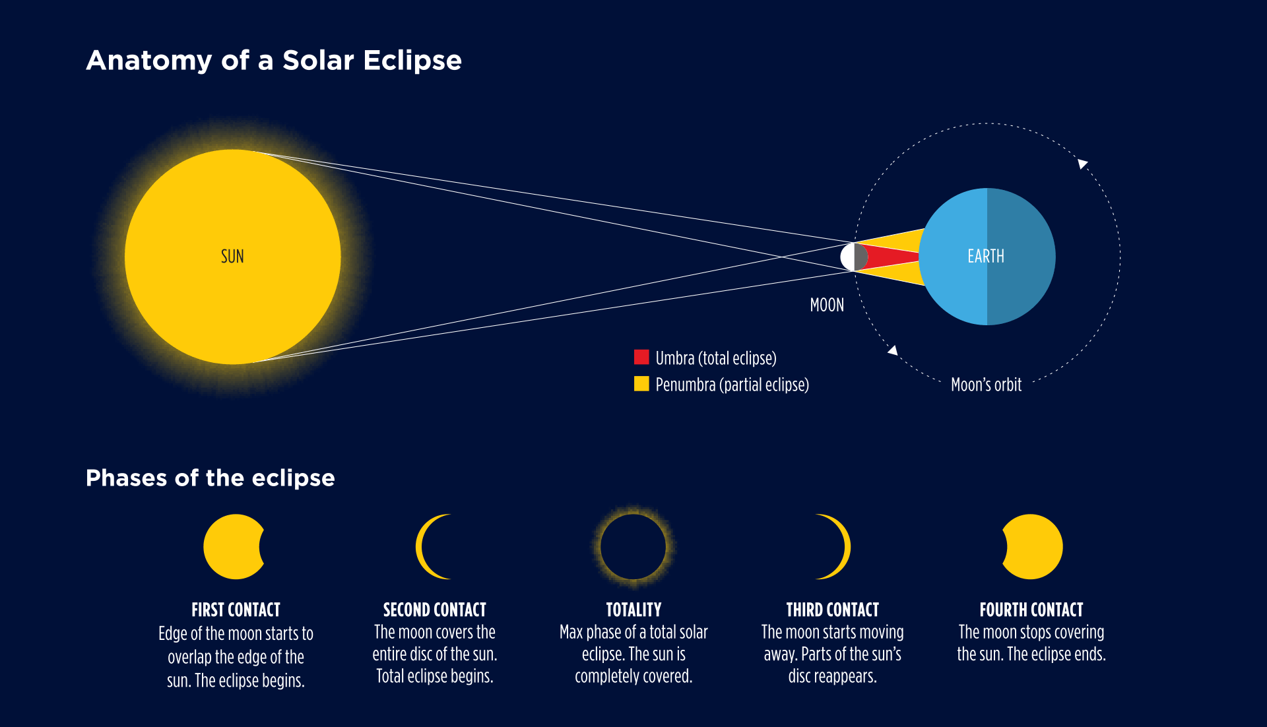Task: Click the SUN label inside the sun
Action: [x=232, y=256]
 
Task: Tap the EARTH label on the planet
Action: [x=986, y=256]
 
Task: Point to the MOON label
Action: [x=827, y=305]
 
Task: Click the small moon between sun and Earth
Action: [x=854, y=257]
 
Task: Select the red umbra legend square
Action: [x=641, y=357]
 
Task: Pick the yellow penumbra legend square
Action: [x=641, y=383]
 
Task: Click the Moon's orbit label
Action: [x=986, y=385]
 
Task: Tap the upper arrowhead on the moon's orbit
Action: [x=1082, y=163]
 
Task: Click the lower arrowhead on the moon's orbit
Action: [x=893, y=350]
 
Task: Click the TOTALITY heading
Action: [x=633, y=610]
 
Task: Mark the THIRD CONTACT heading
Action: [x=833, y=610]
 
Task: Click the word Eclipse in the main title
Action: [x=412, y=61]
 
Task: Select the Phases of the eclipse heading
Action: [x=211, y=478]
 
